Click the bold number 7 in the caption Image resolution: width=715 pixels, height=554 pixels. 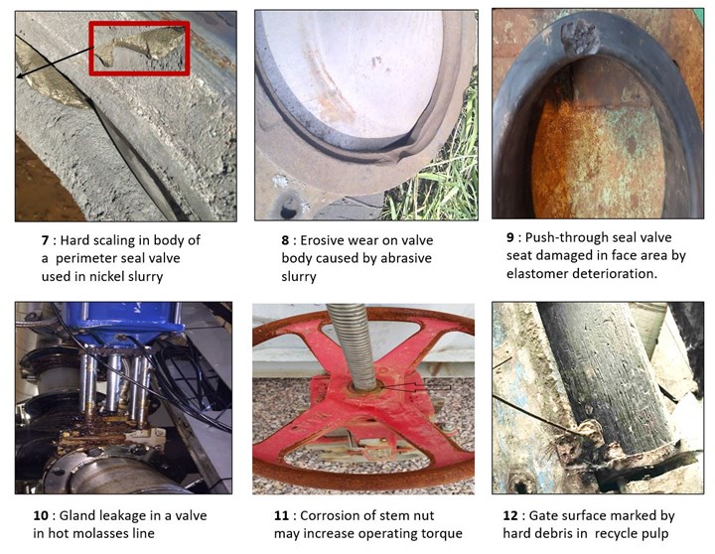point(45,240)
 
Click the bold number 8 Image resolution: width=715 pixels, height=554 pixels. point(285,240)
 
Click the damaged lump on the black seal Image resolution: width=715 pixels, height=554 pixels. point(580,37)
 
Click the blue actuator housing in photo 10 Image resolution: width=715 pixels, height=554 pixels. point(124,323)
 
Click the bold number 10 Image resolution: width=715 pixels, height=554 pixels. point(41,515)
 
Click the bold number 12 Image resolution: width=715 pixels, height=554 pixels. point(510,515)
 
